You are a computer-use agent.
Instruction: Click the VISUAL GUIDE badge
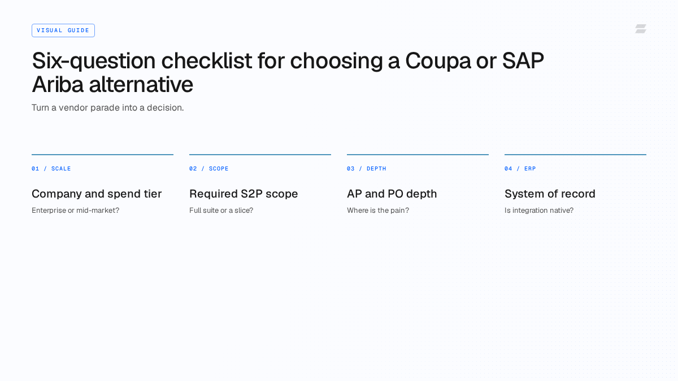[63, 30]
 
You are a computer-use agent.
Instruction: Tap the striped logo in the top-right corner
[641, 29]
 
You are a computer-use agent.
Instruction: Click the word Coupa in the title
[438, 61]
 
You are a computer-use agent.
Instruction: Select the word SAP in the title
[523, 60]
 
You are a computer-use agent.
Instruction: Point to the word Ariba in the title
[58, 84]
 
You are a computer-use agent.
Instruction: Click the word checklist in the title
[206, 60]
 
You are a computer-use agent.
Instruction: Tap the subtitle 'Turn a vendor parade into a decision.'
[108, 108]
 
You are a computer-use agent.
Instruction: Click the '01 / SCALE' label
[51, 169]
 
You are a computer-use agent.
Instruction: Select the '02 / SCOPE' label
[209, 169]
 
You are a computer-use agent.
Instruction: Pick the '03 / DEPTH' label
[367, 169]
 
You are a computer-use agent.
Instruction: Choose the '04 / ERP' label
[520, 169]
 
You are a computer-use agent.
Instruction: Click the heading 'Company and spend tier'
[97, 194]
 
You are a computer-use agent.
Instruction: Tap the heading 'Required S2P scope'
[244, 194]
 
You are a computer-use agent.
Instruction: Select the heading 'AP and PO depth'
[392, 194]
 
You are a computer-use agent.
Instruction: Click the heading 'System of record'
[550, 194]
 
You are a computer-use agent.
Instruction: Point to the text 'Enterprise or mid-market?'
[75, 211]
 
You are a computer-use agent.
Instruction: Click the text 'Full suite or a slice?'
[221, 211]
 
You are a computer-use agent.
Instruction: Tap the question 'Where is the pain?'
[378, 211]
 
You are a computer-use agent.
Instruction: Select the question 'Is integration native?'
[539, 211]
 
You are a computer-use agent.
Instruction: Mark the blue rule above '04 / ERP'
[575, 155]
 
